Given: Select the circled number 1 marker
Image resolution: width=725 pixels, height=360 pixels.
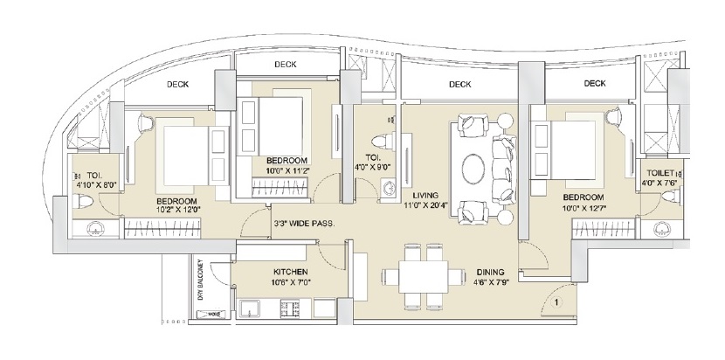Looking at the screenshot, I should pos(556,305).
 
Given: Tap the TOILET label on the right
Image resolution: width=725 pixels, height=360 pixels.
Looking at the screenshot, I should pos(659,174).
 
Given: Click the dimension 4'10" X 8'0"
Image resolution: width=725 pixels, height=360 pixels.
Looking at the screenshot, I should pos(92,184).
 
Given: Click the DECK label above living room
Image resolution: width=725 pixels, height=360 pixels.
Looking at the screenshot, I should pos(460,85).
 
